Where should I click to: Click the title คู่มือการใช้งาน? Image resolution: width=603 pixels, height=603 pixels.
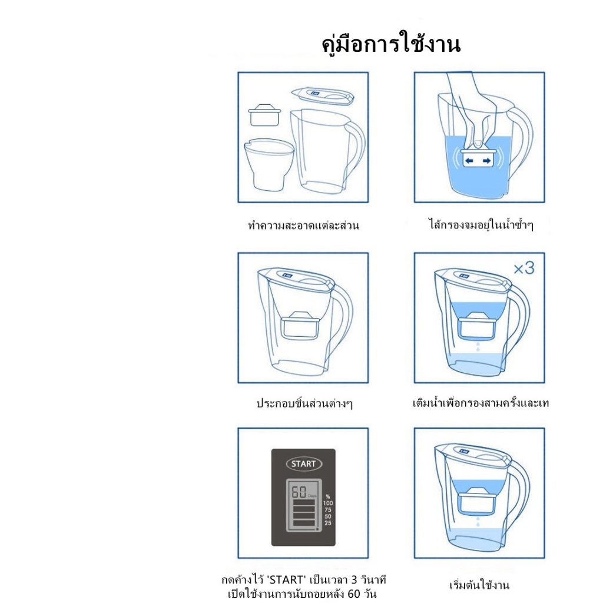[391, 44]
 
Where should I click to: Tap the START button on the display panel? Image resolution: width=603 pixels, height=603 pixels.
[304, 464]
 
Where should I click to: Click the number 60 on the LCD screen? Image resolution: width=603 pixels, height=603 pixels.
[299, 492]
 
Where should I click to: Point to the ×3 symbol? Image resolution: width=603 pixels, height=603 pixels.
[524, 268]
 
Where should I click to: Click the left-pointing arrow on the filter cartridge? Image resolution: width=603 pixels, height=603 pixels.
[469, 161]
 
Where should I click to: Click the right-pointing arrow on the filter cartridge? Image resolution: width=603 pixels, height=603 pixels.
[487, 161]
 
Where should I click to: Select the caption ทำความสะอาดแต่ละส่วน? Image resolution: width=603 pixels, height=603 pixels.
[303, 225]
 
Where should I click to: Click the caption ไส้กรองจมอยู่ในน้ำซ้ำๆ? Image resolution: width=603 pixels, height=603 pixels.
[481, 224]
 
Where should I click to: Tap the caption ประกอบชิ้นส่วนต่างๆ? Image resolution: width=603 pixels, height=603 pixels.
[304, 403]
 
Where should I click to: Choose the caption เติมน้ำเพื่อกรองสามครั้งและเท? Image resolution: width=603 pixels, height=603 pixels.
[481, 403]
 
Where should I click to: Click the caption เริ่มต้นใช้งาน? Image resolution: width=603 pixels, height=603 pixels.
[479, 585]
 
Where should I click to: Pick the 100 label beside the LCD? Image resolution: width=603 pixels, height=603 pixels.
[328, 503]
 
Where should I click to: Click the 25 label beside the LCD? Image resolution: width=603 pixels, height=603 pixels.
[328, 523]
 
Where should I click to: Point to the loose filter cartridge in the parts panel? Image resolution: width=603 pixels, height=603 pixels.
[264, 115]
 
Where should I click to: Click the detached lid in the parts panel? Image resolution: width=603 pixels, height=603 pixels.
[322, 96]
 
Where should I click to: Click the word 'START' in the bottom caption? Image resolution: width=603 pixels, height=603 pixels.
[287, 579]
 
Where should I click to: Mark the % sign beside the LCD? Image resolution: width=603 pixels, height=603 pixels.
[328, 496]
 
